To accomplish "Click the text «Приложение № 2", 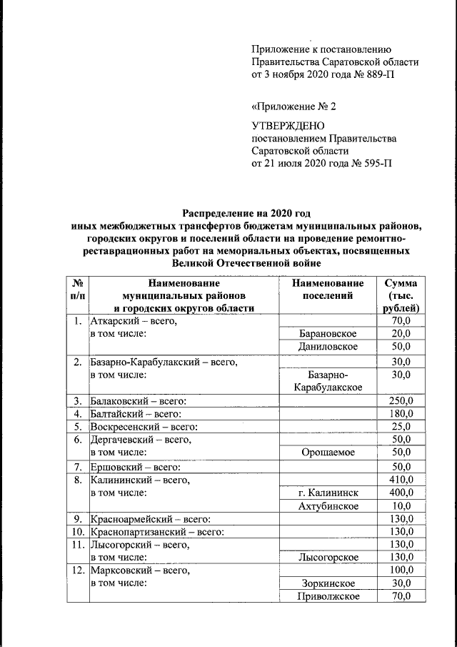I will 293,107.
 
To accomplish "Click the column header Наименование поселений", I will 328,290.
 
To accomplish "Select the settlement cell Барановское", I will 328,334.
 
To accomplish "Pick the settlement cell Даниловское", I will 328,347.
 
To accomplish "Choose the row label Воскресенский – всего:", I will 144,427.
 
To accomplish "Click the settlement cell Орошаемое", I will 328,453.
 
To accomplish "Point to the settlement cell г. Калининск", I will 328,493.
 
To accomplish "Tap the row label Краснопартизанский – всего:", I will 157,532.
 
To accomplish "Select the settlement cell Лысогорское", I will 328,557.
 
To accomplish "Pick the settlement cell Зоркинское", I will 328,583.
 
